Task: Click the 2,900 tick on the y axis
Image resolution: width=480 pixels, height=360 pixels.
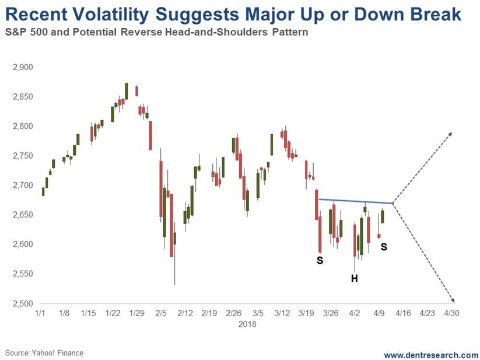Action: pos(22,68)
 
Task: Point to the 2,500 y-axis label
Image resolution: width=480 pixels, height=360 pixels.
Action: pos(22,303)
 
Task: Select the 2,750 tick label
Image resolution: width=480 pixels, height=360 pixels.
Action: pos(22,156)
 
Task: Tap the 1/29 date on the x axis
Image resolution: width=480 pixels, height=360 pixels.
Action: pos(137,313)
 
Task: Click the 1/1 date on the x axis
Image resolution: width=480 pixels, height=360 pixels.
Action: pos(40,313)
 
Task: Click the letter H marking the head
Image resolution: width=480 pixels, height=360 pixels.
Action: pos(354,279)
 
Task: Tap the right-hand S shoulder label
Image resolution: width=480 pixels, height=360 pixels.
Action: pos(384,247)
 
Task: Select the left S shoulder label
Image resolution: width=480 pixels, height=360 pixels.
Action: pos(320,260)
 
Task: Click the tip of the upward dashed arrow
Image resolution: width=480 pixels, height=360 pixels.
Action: pos(453,133)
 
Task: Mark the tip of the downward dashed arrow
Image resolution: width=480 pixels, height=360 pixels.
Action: pos(453,300)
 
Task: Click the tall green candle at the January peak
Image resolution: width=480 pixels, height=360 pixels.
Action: pos(127,91)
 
